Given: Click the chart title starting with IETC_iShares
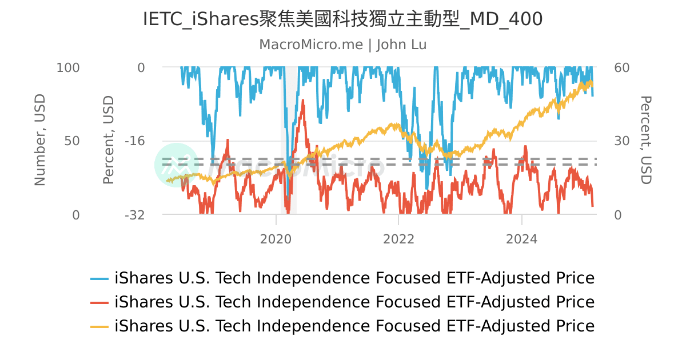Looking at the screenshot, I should [342, 19].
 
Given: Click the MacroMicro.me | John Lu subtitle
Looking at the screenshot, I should [342, 45].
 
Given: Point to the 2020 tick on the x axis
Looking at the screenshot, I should [276, 239].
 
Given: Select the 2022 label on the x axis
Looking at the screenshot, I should [399, 239].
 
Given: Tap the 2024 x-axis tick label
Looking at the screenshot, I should [522, 239].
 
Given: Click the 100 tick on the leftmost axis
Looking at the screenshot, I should [68, 67].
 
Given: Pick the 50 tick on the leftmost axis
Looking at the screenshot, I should [73, 141].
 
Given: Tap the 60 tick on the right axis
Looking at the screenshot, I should [622, 67].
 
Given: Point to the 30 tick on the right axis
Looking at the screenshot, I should [622, 141].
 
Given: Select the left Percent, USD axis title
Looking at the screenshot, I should [109, 140].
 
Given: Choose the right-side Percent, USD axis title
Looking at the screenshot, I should [645, 140].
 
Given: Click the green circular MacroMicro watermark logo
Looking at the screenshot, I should [176, 165].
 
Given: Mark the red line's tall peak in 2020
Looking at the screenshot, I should [302, 101].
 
